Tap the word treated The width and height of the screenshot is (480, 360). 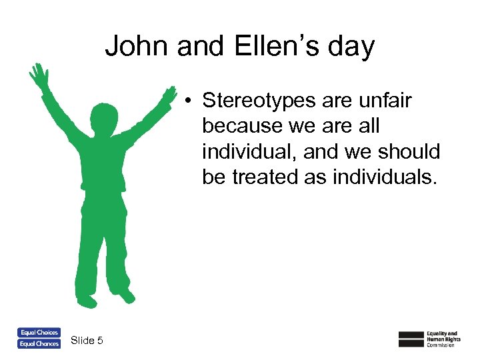[265, 177]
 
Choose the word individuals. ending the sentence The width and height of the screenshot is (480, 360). [377, 177]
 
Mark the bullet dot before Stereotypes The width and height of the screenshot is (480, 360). [190, 101]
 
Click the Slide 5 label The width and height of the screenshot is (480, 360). [87, 341]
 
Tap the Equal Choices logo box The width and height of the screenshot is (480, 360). [39, 333]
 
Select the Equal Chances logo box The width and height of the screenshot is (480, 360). [39, 344]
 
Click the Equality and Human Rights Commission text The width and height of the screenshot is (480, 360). [443, 339]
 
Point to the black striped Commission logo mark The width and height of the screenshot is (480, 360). [411, 339]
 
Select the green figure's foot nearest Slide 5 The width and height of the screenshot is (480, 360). [86, 299]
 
